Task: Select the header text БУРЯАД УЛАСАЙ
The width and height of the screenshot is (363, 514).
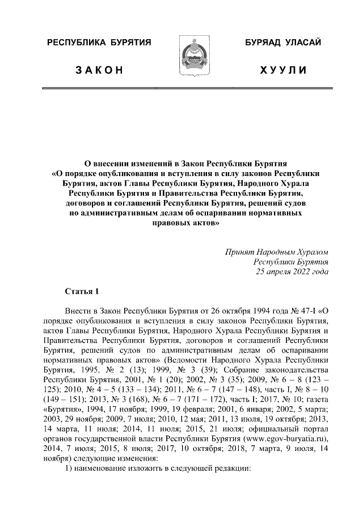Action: [284, 43]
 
